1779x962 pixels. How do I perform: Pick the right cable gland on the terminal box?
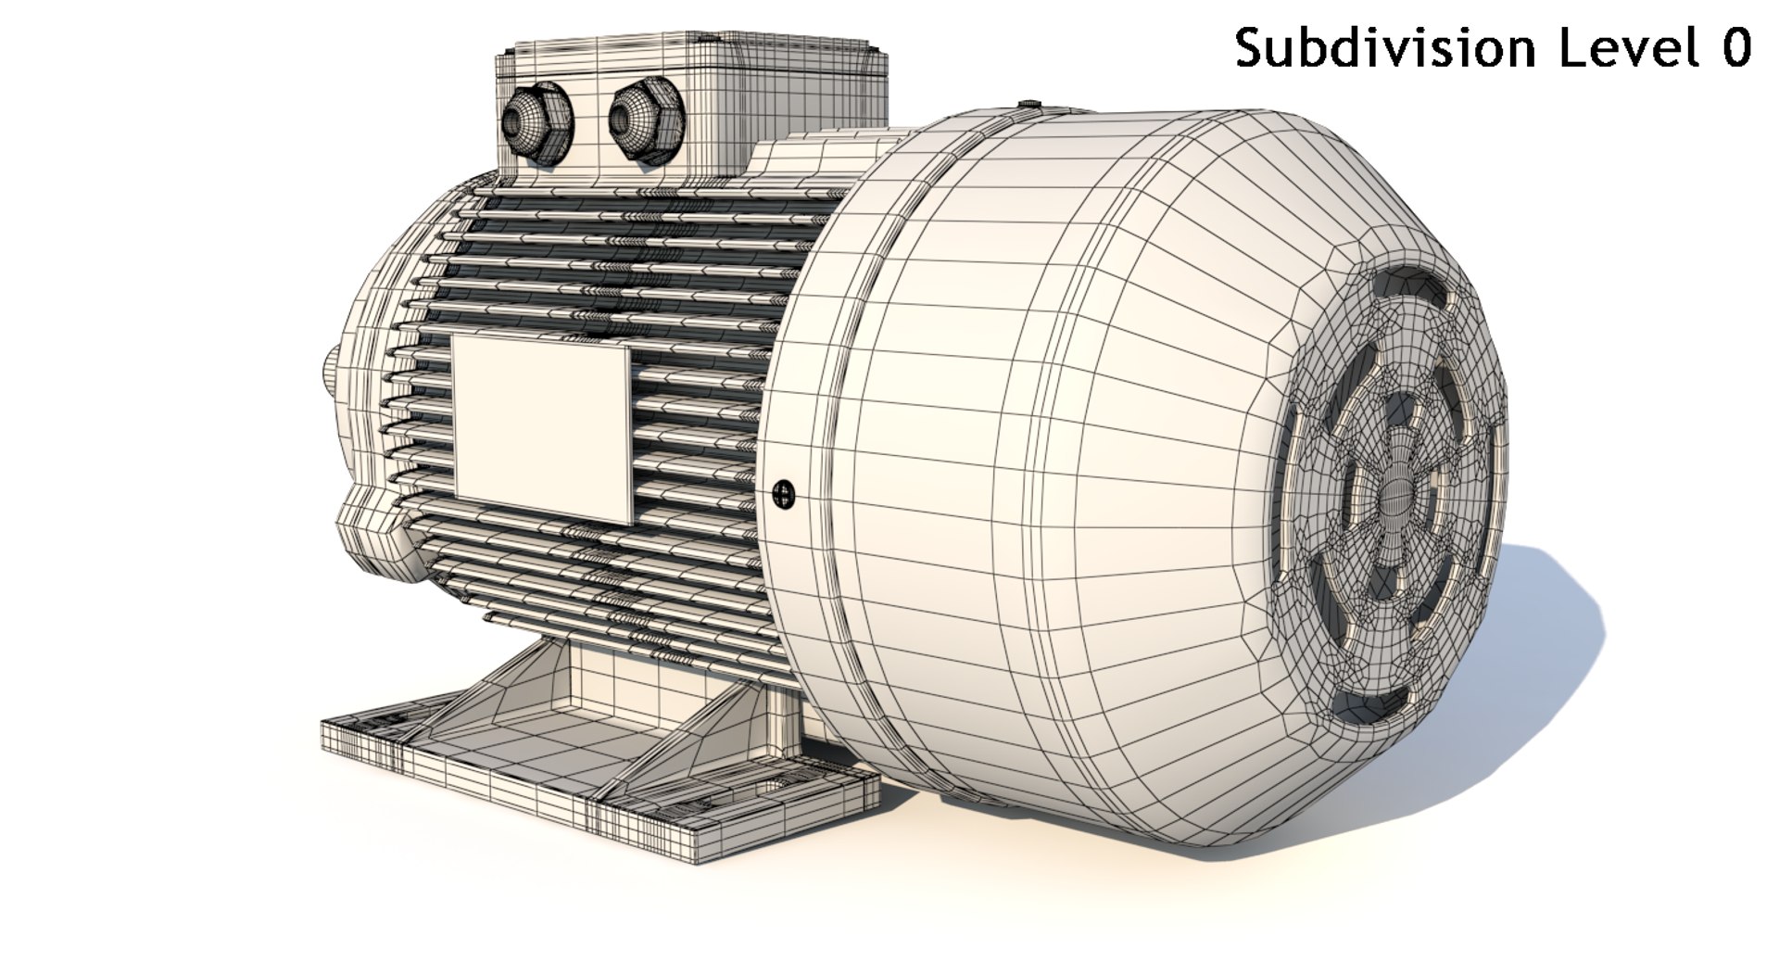tap(645, 121)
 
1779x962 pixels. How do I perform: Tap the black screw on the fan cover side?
tap(784, 494)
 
